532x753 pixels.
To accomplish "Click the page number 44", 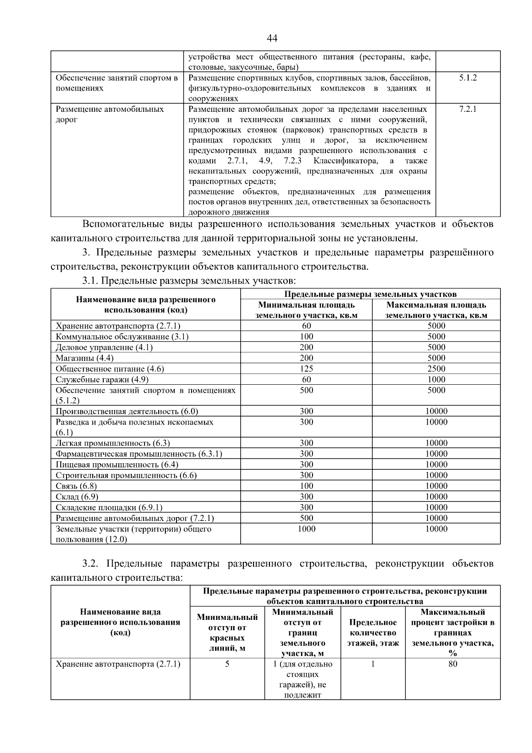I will click(x=272, y=39).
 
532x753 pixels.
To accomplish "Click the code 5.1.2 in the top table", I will click(x=468, y=78).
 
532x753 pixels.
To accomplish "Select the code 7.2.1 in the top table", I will click(x=468, y=109).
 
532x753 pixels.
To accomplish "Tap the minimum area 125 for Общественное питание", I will click(x=306, y=369).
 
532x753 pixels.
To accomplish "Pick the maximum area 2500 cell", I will click(x=436, y=369).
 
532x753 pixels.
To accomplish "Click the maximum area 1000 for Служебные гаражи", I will click(x=436, y=379).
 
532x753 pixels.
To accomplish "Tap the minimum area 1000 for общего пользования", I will click(x=306, y=529).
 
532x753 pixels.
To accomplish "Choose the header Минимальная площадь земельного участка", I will click(x=306, y=310).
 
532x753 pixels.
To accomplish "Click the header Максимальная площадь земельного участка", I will click(x=436, y=310).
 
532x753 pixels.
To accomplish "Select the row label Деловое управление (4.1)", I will click(x=104, y=347).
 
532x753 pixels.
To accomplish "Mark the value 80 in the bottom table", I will click(x=453, y=664).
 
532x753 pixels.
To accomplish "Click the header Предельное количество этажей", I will click(x=373, y=633).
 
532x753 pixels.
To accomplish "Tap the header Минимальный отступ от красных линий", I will click(x=227, y=633).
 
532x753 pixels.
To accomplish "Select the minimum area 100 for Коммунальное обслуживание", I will click(x=306, y=337).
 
